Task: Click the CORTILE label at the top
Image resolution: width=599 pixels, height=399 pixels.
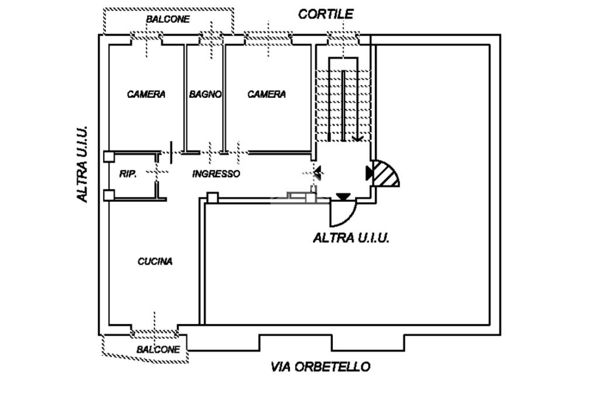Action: pyautogui.click(x=326, y=14)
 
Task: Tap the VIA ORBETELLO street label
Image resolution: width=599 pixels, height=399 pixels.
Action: pyautogui.click(x=320, y=367)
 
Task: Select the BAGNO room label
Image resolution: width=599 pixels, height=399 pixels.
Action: pyautogui.click(x=205, y=94)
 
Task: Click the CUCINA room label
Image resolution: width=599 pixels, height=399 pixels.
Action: pyautogui.click(x=155, y=262)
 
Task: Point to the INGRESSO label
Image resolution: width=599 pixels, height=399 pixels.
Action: pyautogui.click(x=216, y=174)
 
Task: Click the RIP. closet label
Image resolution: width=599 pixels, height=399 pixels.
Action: pyautogui.click(x=128, y=174)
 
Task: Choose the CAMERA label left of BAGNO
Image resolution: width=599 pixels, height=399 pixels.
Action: pyautogui.click(x=146, y=94)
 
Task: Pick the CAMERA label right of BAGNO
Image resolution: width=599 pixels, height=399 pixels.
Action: pyautogui.click(x=267, y=94)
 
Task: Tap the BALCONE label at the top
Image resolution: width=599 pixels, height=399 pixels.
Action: pyautogui.click(x=168, y=19)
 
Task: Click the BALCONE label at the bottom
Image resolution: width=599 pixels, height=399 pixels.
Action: pyautogui.click(x=158, y=349)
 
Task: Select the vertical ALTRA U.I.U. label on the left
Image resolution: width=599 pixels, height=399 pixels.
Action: pyautogui.click(x=82, y=164)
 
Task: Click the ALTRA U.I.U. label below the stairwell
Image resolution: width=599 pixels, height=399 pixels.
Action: pyautogui.click(x=351, y=238)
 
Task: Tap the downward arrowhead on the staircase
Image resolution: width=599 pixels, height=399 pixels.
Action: pyautogui.click(x=357, y=139)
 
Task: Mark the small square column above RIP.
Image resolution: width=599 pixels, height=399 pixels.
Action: pyautogui.click(x=109, y=156)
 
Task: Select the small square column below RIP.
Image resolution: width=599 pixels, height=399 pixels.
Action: pyautogui.click(x=109, y=195)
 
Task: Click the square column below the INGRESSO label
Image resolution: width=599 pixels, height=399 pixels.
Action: pyautogui.click(x=213, y=198)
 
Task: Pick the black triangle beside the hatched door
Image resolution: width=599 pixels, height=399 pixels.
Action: pyautogui.click(x=370, y=173)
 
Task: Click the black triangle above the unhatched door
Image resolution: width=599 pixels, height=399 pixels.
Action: pyautogui.click(x=343, y=197)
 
